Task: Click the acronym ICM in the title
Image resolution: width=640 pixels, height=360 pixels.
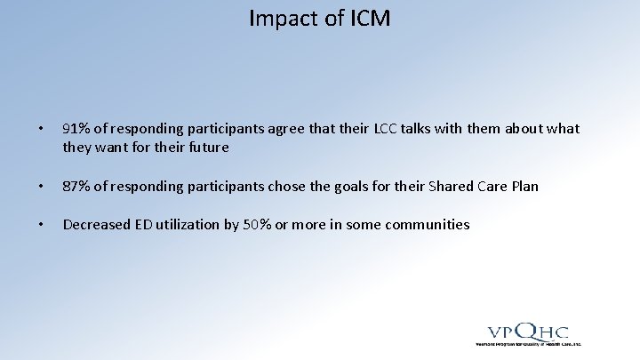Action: coord(365,18)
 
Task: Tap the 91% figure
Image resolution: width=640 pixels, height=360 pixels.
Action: coord(76,129)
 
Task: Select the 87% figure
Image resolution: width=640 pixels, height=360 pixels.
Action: coord(76,186)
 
